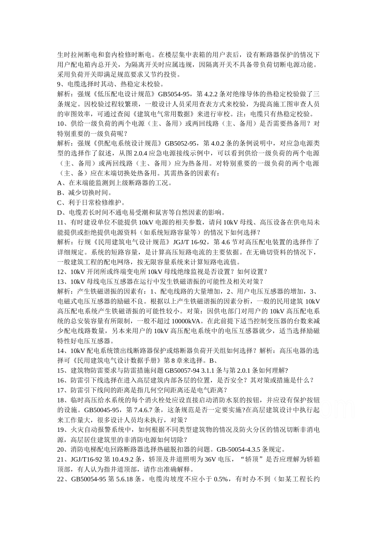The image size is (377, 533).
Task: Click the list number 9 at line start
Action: pyautogui.click(x=60, y=84)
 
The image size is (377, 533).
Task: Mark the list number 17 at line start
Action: pyautogui.click(x=61, y=390)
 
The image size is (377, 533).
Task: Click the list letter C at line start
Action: pyautogui.click(x=60, y=203)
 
